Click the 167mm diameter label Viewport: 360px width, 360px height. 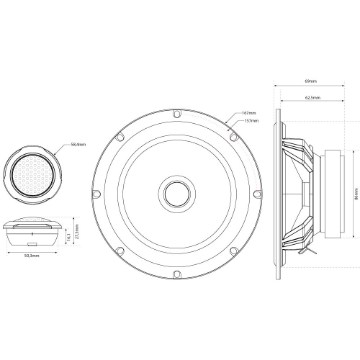249,113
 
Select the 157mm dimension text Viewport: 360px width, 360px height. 252,120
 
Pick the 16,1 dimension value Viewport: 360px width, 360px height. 67,234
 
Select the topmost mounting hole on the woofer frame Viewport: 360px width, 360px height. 176,112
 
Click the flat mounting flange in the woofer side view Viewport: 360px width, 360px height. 277,193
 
